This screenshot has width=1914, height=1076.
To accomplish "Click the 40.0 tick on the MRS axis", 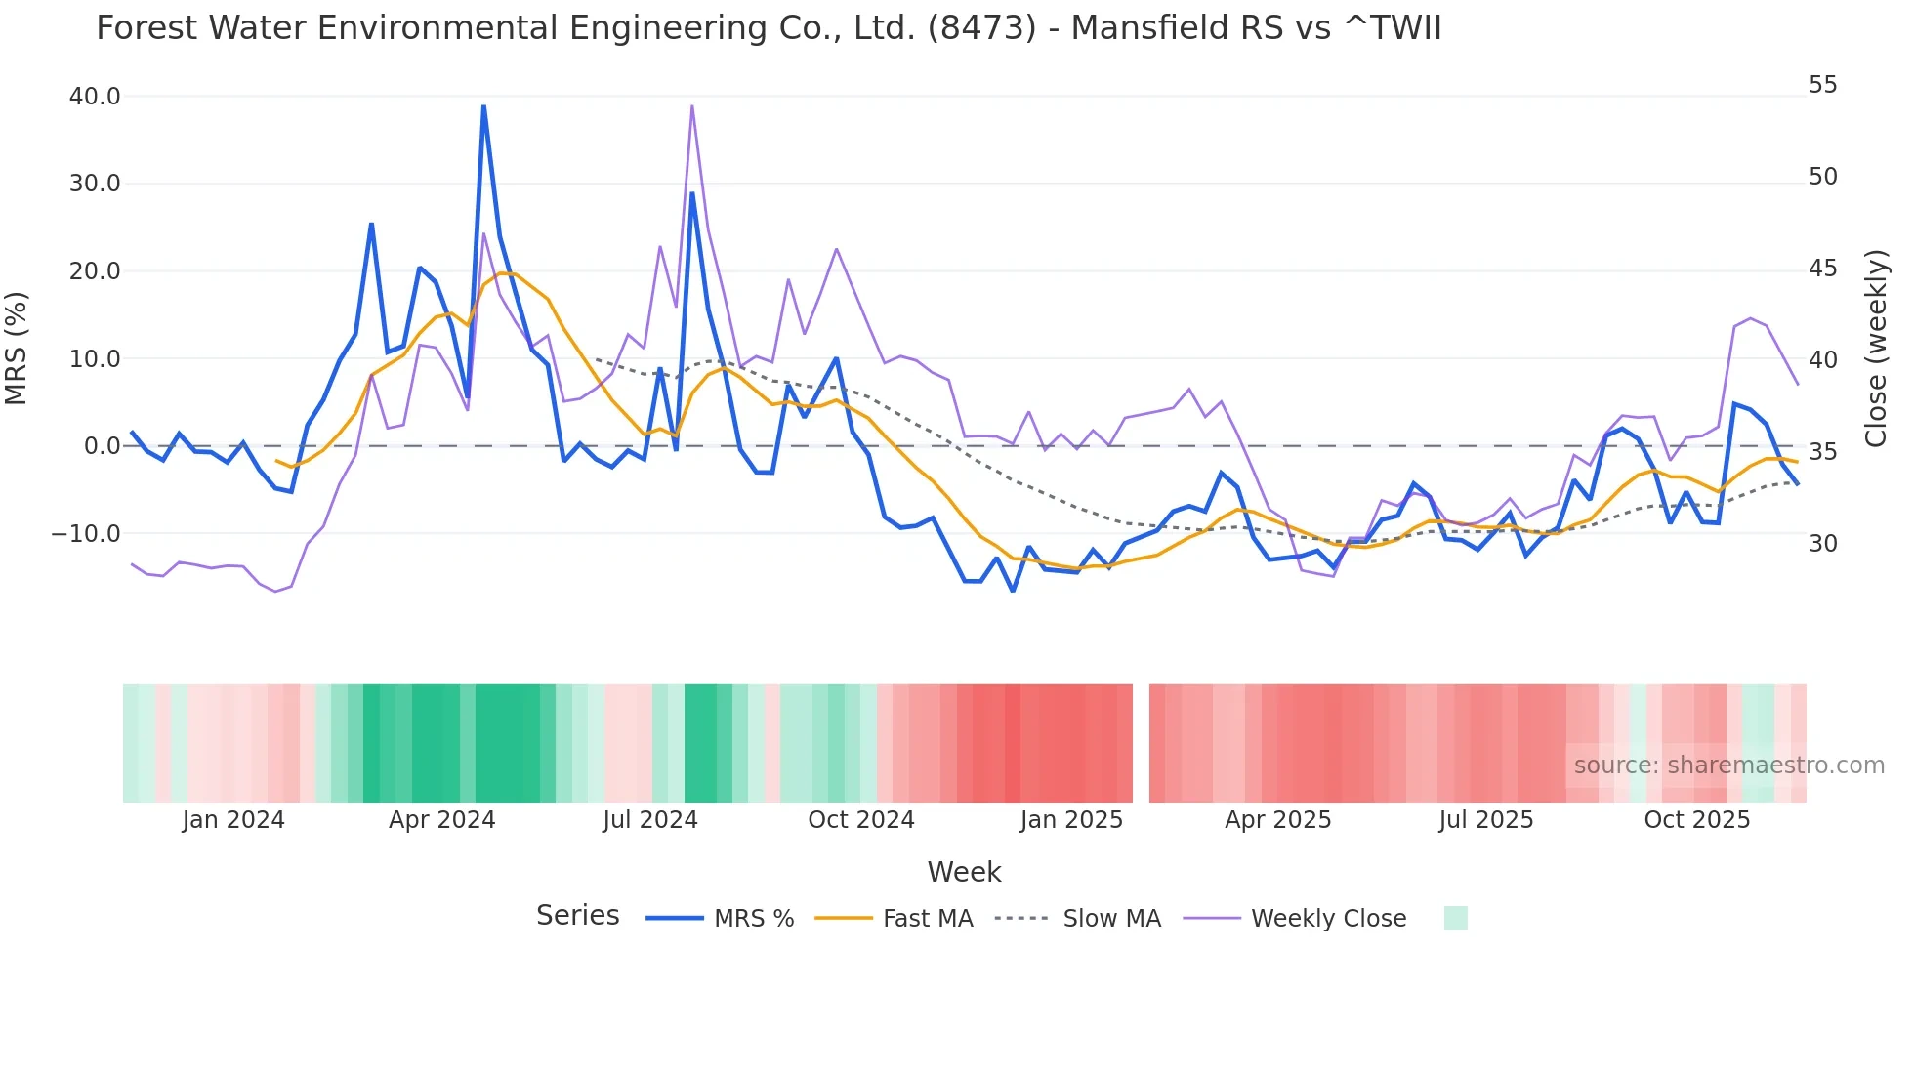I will (95, 97).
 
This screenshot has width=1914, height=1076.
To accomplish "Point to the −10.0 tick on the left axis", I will (86, 534).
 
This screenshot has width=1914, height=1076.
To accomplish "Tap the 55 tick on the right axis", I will (1822, 85).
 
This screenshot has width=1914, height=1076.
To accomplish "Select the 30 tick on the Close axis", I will (1822, 544).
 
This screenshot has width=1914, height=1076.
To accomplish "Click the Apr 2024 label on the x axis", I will (441, 820).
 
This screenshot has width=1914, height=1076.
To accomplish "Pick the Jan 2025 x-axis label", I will (1071, 820).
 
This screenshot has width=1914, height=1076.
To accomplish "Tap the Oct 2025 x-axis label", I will (1696, 820).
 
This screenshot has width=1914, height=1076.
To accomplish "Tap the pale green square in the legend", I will (1455, 918).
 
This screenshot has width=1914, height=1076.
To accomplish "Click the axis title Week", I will (964, 872).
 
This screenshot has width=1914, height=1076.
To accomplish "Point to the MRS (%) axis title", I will (17, 349).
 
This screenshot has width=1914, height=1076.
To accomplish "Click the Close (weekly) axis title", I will (1875, 349).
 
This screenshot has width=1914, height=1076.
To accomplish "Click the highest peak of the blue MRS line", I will (483, 106).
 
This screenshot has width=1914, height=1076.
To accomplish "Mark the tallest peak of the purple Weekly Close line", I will (691, 106).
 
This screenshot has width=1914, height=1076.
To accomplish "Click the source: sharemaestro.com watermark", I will (1728, 766).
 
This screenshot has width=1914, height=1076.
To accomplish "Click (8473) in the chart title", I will (981, 28).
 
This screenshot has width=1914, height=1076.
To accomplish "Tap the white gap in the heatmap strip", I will (1141, 743).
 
